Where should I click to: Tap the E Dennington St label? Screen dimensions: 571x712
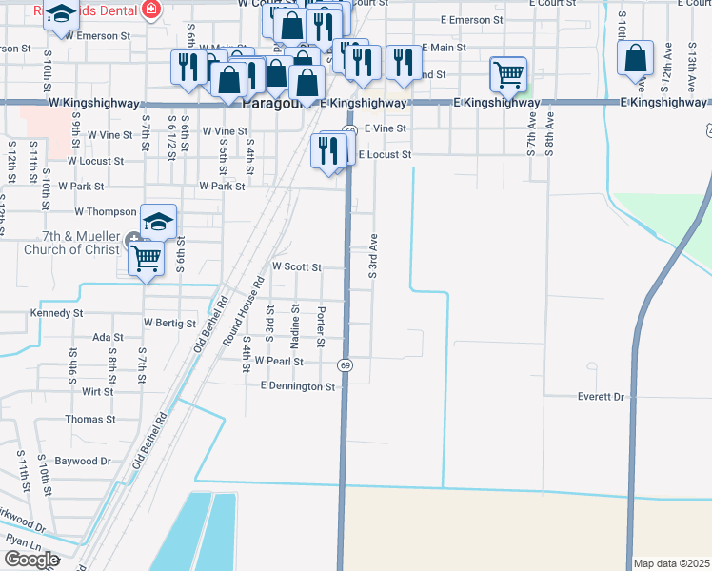[x=298, y=386]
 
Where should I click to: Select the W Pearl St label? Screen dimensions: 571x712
[x=278, y=362]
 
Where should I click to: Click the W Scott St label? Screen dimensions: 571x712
[x=297, y=268]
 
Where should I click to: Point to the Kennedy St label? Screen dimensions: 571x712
[x=57, y=312]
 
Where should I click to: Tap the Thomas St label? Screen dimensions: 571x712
[x=89, y=419]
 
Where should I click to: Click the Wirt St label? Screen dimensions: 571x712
[x=97, y=391]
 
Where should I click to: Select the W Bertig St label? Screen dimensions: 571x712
[x=169, y=323]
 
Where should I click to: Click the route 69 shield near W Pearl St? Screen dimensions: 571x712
[x=345, y=365]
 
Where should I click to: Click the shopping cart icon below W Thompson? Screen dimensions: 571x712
[x=147, y=257]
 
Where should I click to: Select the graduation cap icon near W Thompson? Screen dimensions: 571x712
[x=159, y=222]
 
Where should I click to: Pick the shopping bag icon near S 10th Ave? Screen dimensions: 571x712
[x=635, y=58]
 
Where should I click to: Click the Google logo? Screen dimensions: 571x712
[x=30, y=560]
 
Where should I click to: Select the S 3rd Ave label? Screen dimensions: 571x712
[x=373, y=255]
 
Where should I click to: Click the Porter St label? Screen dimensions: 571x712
[x=323, y=326]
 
